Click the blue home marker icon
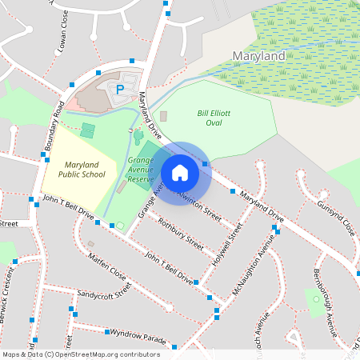[x=180, y=172]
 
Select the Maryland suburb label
[x=258, y=57]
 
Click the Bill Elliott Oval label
[x=214, y=118]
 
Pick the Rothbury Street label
[x=181, y=234]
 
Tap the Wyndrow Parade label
[x=138, y=336]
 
